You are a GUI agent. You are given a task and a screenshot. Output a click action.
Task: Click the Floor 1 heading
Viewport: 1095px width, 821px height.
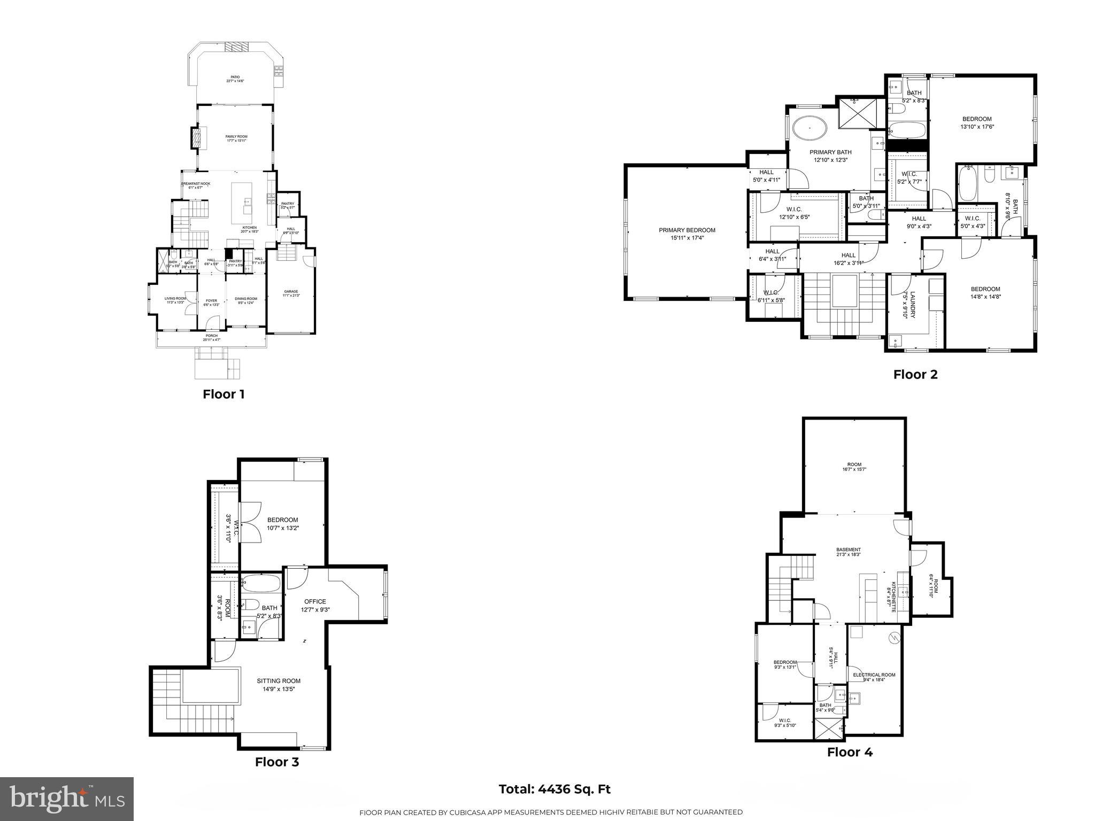pyautogui.click(x=223, y=394)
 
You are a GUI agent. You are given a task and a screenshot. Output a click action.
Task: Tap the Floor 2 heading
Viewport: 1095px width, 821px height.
pyautogui.click(x=915, y=374)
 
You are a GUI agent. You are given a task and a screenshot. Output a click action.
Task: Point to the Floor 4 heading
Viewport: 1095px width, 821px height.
pyautogui.click(x=850, y=752)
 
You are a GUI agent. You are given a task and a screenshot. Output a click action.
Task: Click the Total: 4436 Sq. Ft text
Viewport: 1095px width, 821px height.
pyautogui.click(x=554, y=789)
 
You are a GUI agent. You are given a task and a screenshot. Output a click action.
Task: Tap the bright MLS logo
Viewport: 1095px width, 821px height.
pyautogui.click(x=67, y=799)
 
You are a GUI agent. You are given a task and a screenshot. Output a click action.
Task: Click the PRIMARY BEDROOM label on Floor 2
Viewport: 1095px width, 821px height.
pyautogui.click(x=687, y=230)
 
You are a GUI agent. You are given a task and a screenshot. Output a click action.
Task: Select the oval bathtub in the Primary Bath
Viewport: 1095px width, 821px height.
pyautogui.click(x=809, y=129)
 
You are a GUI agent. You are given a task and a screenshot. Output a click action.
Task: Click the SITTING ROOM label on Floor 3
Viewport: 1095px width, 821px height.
pyautogui.click(x=279, y=681)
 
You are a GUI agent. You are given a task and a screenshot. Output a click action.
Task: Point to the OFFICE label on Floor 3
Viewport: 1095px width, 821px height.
pyautogui.click(x=315, y=601)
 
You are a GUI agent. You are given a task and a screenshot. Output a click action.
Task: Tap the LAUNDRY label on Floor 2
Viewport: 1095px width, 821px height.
pyautogui.click(x=913, y=304)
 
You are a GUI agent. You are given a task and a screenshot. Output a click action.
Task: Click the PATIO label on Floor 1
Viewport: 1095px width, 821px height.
pyautogui.click(x=235, y=77)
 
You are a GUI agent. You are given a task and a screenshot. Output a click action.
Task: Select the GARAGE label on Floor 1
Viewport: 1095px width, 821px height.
pyautogui.click(x=291, y=291)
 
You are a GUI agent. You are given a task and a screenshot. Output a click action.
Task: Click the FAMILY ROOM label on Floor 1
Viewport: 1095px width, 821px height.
pyautogui.click(x=236, y=137)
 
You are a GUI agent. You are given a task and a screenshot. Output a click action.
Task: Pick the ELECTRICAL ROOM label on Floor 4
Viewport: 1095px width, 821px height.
pyautogui.click(x=874, y=675)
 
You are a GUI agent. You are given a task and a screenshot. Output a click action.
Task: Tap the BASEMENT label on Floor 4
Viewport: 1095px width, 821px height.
pyautogui.click(x=849, y=549)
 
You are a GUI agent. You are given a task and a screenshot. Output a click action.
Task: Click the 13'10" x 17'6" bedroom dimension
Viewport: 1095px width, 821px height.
pyautogui.click(x=977, y=127)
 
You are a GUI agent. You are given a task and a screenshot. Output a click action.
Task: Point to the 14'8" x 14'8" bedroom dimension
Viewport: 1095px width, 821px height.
pyautogui.click(x=985, y=297)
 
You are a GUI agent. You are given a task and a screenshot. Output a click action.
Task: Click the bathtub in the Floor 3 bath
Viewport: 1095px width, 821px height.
pyautogui.click(x=260, y=583)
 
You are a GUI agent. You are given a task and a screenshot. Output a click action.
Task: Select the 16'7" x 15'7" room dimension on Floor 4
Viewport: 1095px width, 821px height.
pyautogui.click(x=854, y=469)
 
